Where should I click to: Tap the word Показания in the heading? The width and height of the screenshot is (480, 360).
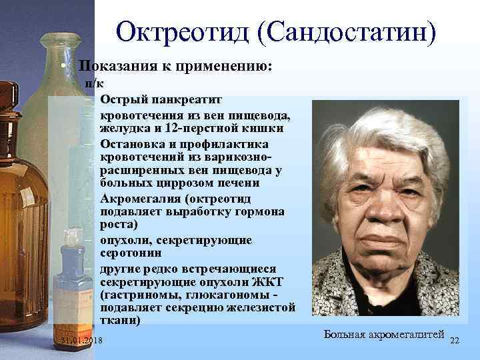[x=118, y=67]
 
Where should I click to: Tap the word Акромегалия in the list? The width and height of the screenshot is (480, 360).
[x=141, y=198]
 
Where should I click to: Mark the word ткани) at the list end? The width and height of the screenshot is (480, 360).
[x=120, y=321]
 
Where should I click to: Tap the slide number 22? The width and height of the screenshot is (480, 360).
[x=455, y=341]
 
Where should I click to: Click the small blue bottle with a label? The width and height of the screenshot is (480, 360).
[x=69, y=277]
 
